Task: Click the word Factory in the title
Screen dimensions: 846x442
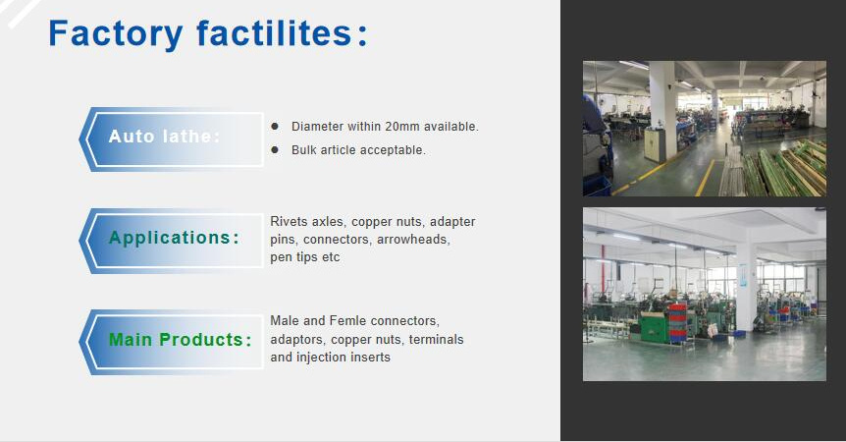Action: [116, 34]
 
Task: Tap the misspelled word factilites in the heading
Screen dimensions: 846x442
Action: [275, 33]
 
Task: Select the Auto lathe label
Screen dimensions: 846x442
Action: [165, 136]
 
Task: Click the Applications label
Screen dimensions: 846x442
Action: [174, 238]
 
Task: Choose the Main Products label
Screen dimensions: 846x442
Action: [181, 340]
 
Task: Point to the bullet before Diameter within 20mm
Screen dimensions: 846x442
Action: [275, 127]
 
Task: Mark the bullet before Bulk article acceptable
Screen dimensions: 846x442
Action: [275, 149]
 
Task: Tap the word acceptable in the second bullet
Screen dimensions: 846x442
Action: [395, 150]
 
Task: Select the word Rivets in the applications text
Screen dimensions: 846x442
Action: [289, 221]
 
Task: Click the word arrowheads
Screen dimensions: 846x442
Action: [413, 239]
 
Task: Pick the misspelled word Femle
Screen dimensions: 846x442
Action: [348, 320]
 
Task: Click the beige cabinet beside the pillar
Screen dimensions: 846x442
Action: [655, 144]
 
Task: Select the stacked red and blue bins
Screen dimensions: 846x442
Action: [678, 322]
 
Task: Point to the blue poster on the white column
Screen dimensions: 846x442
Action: [743, 275]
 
